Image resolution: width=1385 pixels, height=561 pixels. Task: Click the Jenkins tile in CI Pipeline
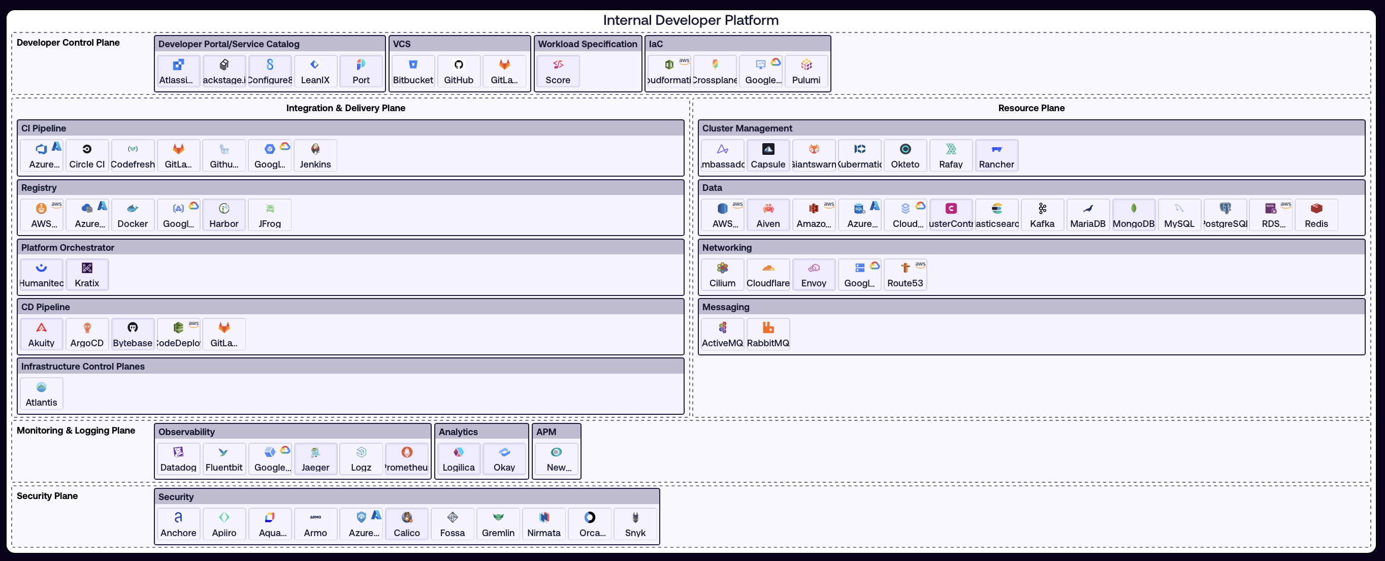315,156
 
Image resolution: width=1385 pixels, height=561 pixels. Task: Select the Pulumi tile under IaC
806,72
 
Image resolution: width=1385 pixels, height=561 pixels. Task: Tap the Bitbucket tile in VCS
413,72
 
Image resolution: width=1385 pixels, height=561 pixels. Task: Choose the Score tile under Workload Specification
558,72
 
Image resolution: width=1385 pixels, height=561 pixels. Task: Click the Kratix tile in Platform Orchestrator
87,275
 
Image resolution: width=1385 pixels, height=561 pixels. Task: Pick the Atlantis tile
42,394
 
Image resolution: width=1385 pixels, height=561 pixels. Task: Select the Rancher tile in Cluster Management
996,156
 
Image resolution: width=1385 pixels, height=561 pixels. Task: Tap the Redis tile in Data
1315,215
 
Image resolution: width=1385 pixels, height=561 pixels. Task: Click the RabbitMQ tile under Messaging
768,334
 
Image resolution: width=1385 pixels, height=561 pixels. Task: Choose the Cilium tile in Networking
722,275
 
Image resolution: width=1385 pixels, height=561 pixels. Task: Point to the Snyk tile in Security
635,524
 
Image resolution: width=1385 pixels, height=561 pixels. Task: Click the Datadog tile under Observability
178,459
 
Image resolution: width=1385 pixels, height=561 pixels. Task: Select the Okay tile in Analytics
504,459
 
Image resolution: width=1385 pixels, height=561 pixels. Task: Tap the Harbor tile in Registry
223,215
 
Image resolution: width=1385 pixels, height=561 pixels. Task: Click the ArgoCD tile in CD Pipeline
87,334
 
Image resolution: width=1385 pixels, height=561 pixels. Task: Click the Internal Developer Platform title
690,20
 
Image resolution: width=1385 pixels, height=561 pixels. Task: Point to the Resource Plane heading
1030,108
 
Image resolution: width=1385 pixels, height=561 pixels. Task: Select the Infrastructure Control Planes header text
83,367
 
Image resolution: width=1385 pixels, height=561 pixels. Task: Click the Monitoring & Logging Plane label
76,431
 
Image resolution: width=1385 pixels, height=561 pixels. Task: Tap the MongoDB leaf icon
1134,209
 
